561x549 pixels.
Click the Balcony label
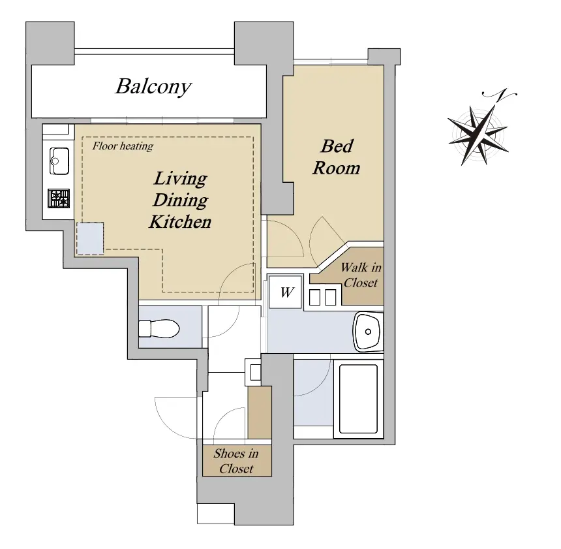click(153, 87)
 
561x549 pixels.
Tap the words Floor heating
click(123, 146)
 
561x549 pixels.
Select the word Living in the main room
click(180, 178)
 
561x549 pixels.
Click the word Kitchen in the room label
click(180, 222)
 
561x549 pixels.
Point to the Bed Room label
click(337, 157)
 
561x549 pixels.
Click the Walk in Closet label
click(361, 275)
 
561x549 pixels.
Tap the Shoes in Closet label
click(236, 461)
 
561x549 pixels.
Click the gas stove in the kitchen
click(59, 198)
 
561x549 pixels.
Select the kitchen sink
click(59, 161)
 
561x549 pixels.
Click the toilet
click(159, 329)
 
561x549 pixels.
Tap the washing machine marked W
click(286, 292)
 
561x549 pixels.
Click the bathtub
click(358, 399)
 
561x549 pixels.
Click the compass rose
click(478, 135)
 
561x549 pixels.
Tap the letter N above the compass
click(500, 94)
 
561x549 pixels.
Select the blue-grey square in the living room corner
click(90, 238)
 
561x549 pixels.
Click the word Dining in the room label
click(180, 200)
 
